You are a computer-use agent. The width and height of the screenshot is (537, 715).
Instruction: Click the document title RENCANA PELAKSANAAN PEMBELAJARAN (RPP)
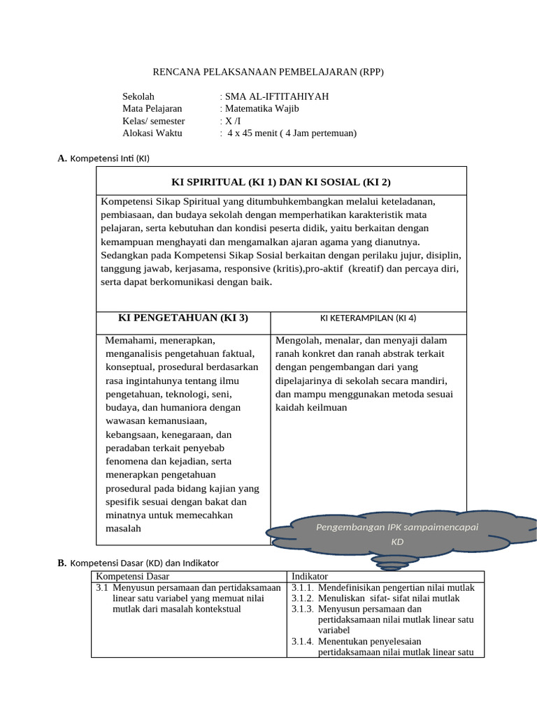pos(268,72)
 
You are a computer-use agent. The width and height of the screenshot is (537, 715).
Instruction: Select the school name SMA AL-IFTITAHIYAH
pos(275,96)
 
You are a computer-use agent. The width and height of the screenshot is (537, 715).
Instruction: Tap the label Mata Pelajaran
pos(152,108)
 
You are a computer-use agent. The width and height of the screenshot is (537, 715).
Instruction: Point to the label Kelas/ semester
pos(153,121)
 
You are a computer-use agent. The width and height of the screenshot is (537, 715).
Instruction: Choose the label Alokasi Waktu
pos(152,133)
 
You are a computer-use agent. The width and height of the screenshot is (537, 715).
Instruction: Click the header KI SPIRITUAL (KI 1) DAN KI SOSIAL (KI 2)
pos(281,182)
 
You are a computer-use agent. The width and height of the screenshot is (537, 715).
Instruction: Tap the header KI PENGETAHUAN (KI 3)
pos(183,318)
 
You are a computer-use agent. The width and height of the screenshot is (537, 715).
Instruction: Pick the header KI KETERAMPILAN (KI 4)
pos(368,318)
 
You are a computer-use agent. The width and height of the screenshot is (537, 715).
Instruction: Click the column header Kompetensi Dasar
pos(132,576)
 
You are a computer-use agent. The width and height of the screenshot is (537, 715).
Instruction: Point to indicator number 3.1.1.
pos(302,588)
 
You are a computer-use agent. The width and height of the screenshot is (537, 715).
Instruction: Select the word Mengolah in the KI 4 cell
pos(296,340)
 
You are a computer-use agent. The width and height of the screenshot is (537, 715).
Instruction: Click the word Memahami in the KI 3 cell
pos(131,340)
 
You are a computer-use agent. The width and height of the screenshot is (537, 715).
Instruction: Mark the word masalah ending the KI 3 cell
pos(123,529)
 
